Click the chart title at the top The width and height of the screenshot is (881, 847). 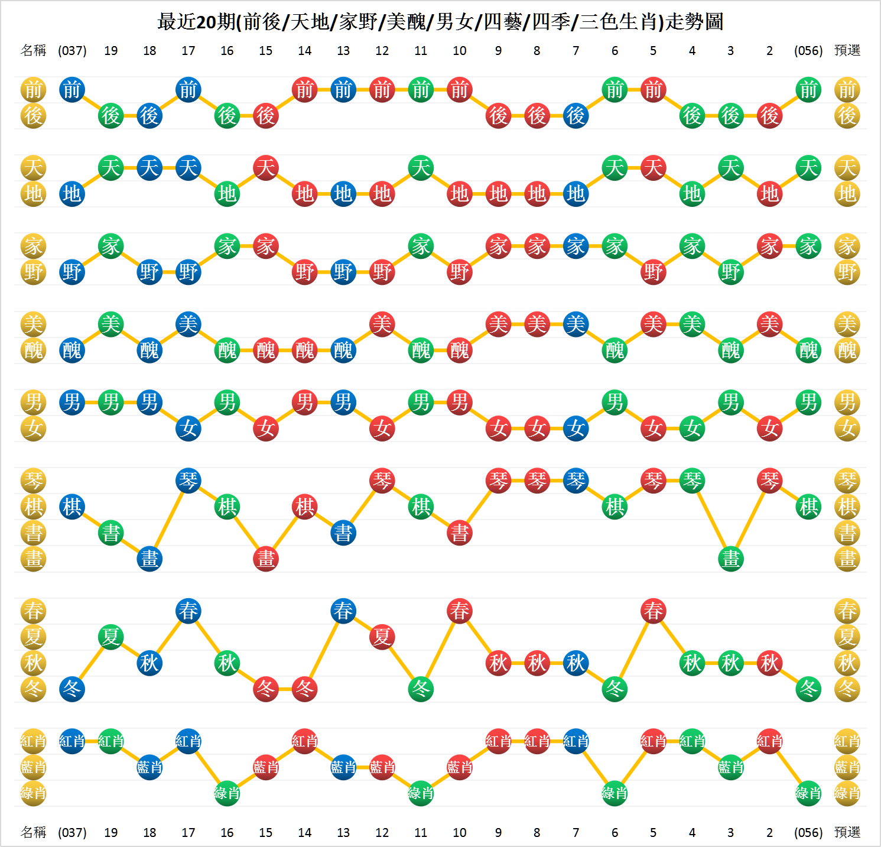[x=440, y=22]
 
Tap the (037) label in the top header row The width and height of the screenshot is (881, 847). [x=72, y=51]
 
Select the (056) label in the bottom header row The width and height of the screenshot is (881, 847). [x=808, y=833]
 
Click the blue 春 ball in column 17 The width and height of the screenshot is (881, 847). [x=188, y=611]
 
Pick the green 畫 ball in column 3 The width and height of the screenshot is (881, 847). [x=731, y=559]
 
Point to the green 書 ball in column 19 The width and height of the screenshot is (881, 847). [x=111, y=533]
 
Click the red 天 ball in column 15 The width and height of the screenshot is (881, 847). [x=266, y=168]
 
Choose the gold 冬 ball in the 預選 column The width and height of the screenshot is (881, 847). [x=847, y=689]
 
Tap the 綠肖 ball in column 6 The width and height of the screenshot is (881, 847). [x=615, y=793]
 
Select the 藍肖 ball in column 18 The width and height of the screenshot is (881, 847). [x=149, y=767]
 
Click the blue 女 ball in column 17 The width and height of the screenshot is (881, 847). [x=188, y=429]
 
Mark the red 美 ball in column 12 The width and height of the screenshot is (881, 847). [x=382, y=324]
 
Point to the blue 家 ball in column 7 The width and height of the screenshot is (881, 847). [x=576, y=246]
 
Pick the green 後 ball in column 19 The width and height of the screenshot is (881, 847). [x=111, y=116]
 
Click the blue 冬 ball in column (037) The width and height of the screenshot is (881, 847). [x=72, y=689]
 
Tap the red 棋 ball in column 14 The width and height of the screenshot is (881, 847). [x=305, y=507]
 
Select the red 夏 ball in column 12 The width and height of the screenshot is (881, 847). [x=382, y=637]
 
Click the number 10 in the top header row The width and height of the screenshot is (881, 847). [x=460, y=51]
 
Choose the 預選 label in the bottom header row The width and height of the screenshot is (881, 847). [x=847, y=833]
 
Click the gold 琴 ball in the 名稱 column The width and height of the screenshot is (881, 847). [x=34, y=481]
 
